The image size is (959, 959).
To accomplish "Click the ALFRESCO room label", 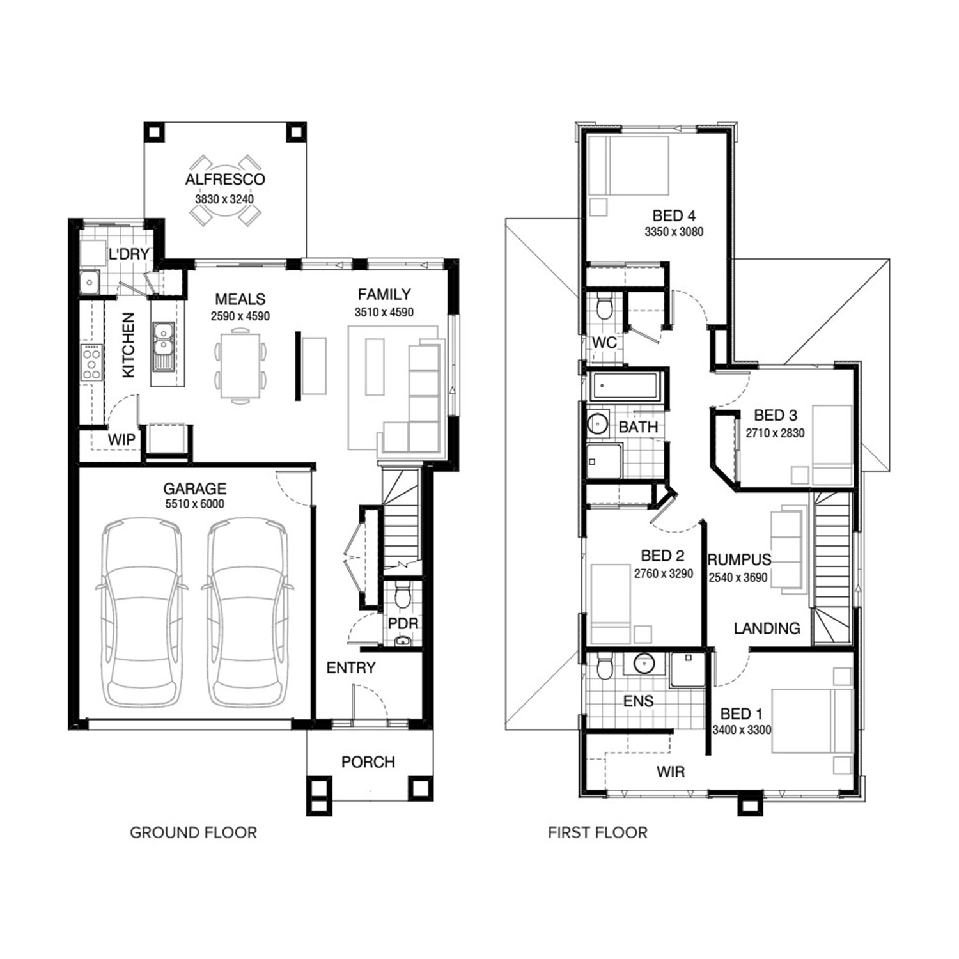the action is point(224,180).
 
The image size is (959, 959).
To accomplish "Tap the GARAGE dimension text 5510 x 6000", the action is point(195,504).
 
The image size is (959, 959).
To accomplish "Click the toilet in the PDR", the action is point(402,595).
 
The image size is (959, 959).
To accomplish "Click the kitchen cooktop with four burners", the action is point(91,363).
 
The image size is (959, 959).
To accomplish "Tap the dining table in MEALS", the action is point(240,366).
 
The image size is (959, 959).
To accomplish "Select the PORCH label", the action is point(368,762).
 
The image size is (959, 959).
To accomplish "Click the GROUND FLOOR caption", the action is point(193,832).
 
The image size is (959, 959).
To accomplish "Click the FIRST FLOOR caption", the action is point(598,832).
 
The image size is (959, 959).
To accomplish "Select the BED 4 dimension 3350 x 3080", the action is point(674,232).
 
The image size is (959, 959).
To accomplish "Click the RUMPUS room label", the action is point(739,560).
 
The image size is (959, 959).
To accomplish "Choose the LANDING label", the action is point(767,628).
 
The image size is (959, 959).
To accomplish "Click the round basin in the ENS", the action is point(644,664).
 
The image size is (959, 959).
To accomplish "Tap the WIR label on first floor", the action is point(671,772).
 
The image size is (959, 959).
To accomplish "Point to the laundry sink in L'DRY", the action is point(90,281).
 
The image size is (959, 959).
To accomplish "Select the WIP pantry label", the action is point(121,440).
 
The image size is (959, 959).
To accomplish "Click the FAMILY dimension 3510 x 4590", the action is point(384,313).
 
